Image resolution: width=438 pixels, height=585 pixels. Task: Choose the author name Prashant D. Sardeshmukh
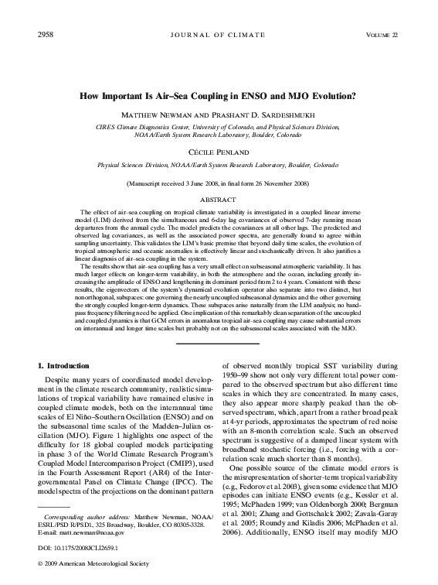tap(260, 115)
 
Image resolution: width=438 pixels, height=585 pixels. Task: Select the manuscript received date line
tap(219, 184)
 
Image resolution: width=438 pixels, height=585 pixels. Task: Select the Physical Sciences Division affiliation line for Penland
tap(219, 165)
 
